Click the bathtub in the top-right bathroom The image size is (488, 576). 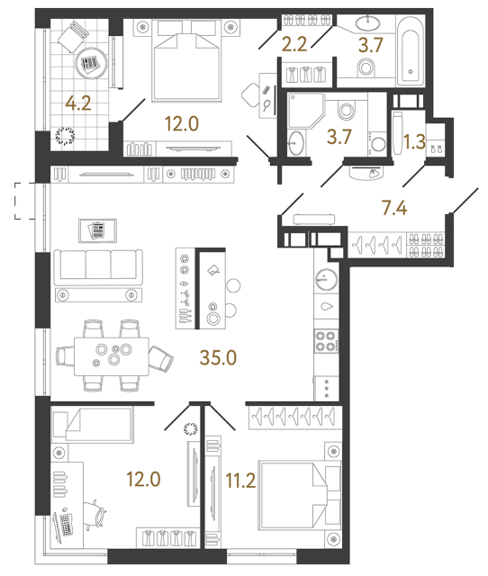click(411, 50)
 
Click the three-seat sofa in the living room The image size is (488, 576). click(97, 267)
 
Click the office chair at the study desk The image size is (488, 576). click(100, 518)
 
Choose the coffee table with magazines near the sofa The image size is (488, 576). click(95, 230)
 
